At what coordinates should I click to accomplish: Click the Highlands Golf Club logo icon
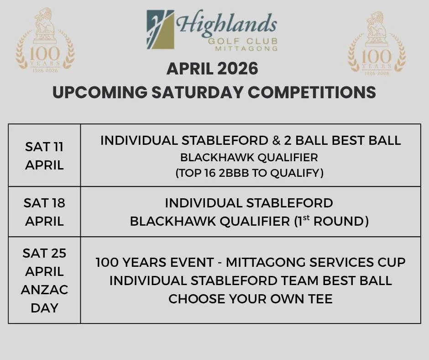click(x=160, y=30)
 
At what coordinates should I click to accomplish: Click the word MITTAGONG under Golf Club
click(x=251, y=48)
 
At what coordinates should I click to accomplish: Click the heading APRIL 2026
click(x=212, y=69)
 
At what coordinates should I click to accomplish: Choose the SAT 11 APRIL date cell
click(x=44, y=156)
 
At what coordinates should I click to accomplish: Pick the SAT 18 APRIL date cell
click(x=44, y=212)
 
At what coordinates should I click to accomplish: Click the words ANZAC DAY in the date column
click(x=44, y=298)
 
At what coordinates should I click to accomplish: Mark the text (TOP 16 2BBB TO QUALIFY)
click(x=249, y=173)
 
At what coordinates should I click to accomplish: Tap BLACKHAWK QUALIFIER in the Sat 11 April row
click(x=249, y=157)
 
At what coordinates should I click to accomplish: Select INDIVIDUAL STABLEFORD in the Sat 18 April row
click(x=249, y=203)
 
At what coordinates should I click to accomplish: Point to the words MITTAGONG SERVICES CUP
click(x=316, y=263)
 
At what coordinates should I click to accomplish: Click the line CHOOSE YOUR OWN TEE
click(x=250, y=299)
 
